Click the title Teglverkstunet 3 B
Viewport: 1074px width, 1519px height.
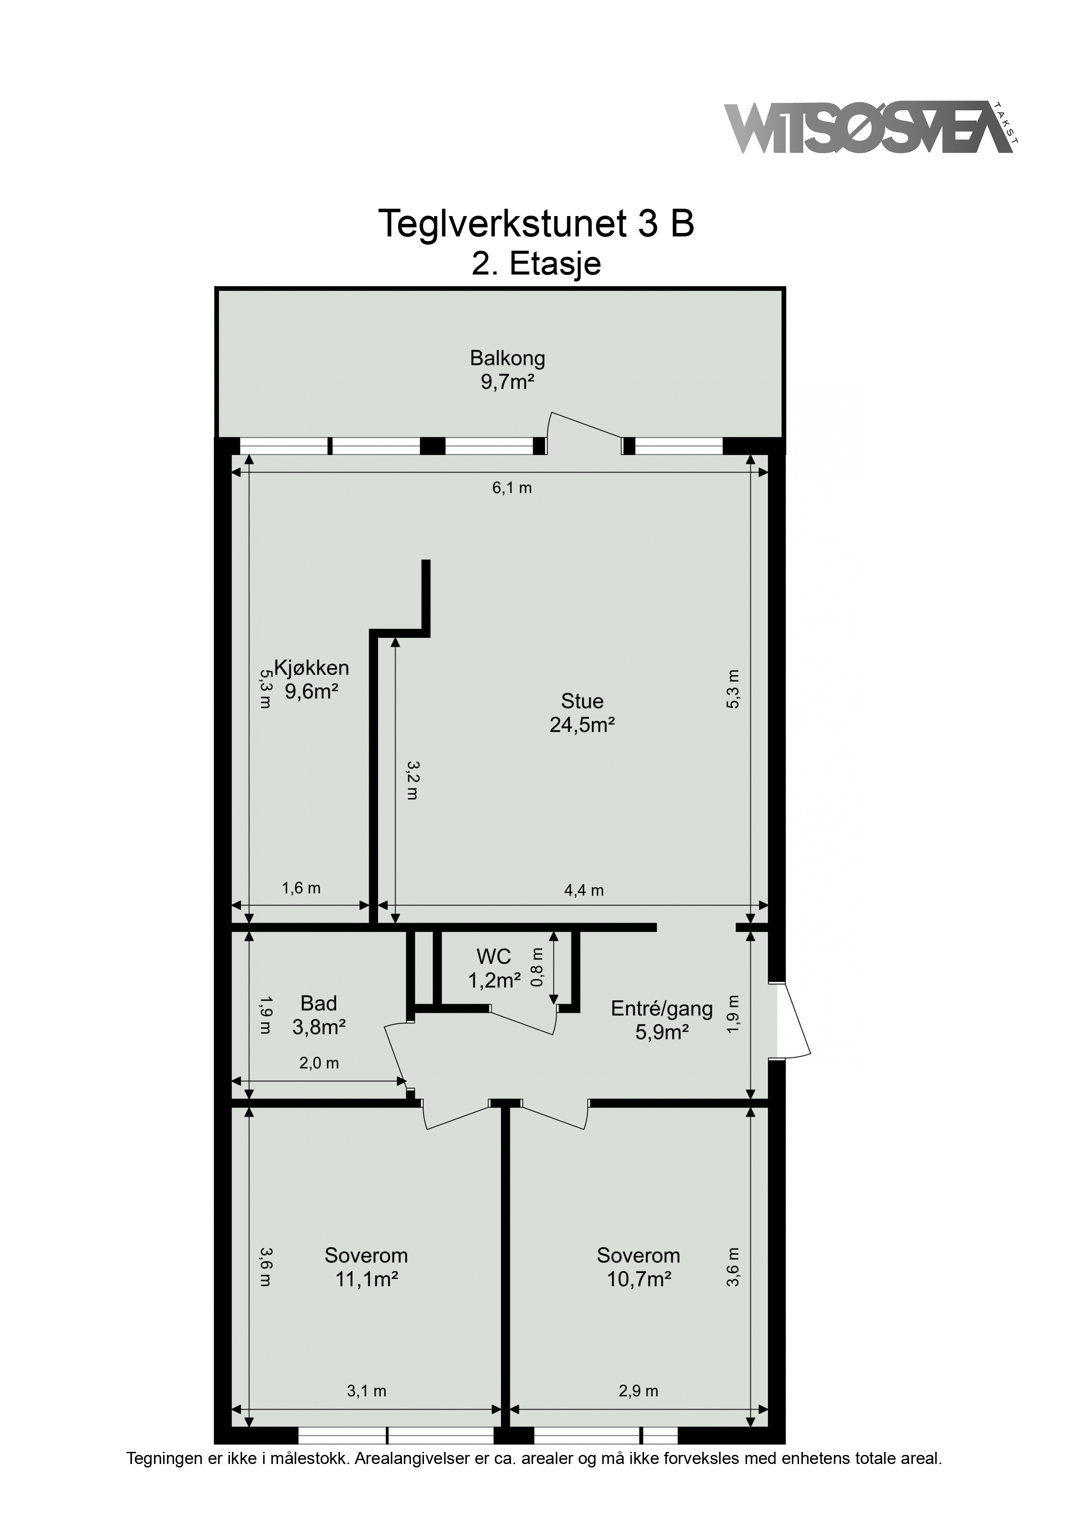pos(536,223)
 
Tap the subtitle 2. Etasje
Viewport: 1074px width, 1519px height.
pos(536,264)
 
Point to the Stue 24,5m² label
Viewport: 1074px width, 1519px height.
pos(582,713)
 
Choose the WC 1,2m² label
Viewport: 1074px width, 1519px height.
pos(494,968)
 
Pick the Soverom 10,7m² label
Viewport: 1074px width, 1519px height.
pos(639,1267)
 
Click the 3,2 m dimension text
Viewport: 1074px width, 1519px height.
pos(413,780)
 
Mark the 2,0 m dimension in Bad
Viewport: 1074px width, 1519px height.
pos(319,1063)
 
